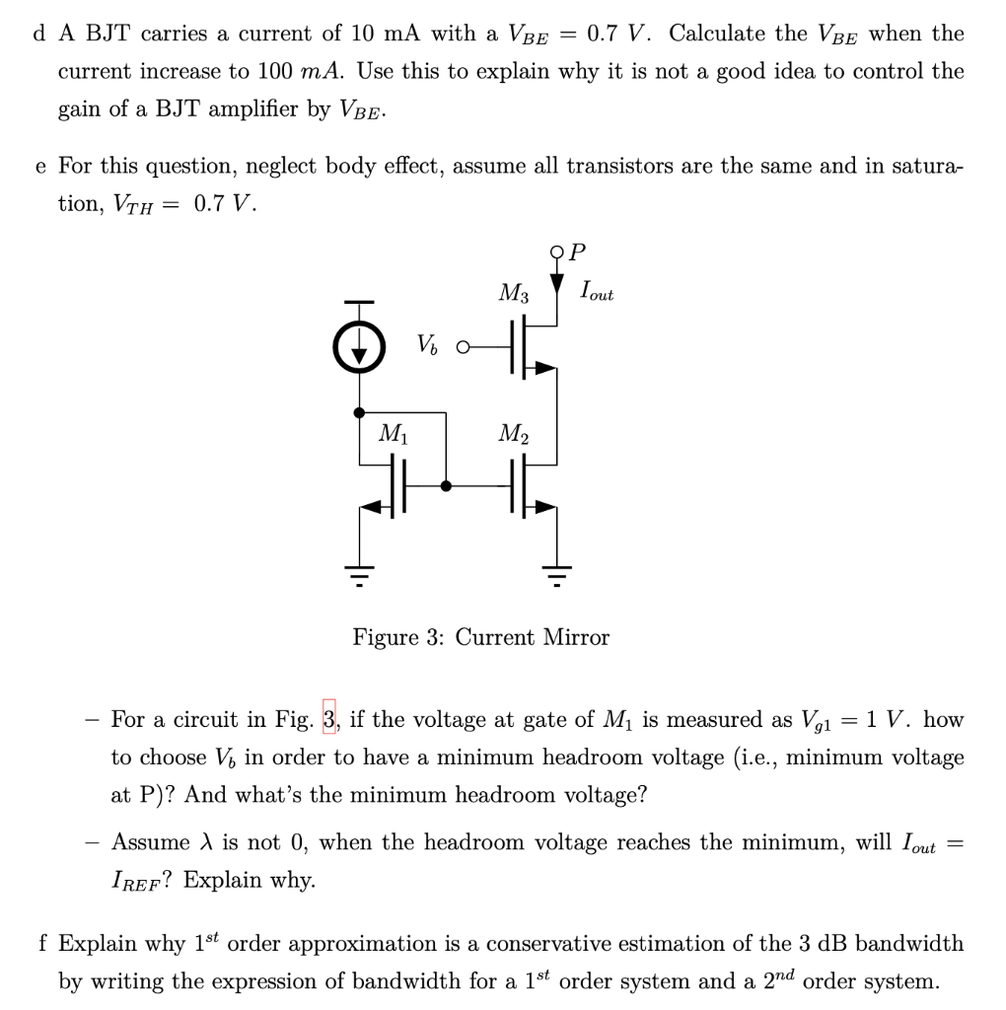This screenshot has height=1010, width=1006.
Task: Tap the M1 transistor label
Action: point(393,433)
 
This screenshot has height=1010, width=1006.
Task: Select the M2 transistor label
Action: point(513,433)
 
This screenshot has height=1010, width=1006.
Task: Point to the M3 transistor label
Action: point(513,293)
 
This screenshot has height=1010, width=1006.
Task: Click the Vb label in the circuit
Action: point(426,345)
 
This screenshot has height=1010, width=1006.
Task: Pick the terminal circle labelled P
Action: point(558,252)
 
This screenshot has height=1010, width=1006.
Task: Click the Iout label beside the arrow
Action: point(597,292)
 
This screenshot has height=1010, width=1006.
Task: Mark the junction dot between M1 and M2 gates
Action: point(447,485)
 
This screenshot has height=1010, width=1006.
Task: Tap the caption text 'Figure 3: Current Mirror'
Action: point(481,637)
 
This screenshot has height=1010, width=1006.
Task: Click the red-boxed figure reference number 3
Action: point(329,719)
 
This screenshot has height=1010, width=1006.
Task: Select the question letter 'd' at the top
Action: point(39,34)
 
